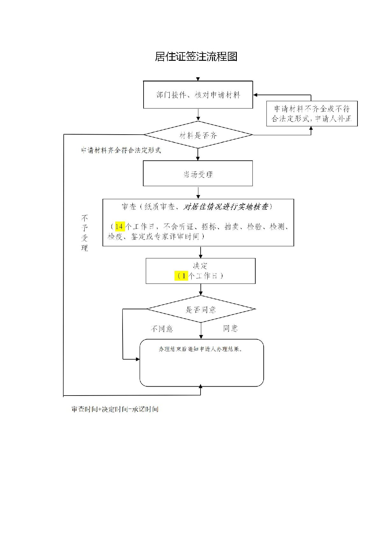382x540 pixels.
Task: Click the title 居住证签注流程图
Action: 196,57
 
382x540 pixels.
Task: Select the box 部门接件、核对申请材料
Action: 198,95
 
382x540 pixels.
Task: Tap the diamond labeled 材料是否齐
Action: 198,135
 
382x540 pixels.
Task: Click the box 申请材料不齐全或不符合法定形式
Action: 312,114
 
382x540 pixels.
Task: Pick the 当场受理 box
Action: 198,174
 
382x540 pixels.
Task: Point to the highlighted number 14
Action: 120,227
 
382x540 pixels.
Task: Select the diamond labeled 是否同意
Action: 201,309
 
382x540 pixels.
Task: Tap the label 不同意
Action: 162,329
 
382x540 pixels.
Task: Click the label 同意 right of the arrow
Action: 230,328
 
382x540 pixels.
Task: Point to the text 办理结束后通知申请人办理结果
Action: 201,349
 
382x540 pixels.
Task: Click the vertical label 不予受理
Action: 84,233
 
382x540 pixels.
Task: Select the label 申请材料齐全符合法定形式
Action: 121,150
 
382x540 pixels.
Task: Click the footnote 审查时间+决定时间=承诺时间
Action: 115,409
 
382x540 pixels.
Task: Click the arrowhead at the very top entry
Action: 198,79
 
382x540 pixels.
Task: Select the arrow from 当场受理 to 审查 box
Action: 198,193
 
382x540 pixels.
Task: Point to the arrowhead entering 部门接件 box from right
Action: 256,95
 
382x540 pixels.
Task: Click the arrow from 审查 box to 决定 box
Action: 201,252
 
